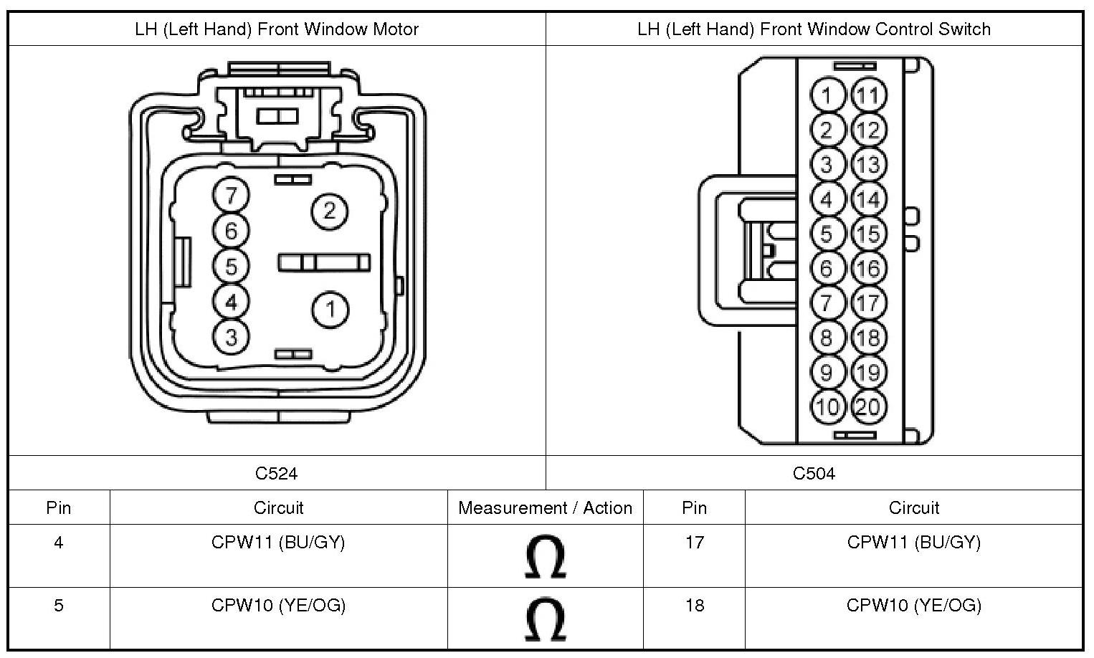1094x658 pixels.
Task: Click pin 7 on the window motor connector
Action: pos(231,195)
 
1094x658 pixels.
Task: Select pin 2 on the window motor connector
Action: pos(330,211)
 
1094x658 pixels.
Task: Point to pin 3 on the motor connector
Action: pos(231,336)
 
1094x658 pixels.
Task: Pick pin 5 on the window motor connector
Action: pos(231,267)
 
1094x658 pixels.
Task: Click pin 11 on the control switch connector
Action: pos(868,95)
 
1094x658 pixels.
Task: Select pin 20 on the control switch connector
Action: pos(868,406)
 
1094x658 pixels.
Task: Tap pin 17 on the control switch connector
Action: pos(868,302)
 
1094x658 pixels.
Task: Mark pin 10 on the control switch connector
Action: pos(827,406)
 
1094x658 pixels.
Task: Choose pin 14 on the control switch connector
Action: pos(868,199)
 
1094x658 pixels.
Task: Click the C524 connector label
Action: pos(277,473)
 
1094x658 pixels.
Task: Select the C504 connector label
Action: pos(814,473)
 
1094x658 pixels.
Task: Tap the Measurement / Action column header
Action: pos(545,507)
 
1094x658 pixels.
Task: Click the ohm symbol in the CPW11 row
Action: pos(545,557)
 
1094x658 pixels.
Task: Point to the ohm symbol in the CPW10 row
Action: pos(545,619)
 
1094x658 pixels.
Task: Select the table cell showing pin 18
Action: pos(694,606)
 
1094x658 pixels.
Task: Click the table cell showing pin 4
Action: pos(58,543)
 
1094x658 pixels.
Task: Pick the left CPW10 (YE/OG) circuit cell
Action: pos(278,606)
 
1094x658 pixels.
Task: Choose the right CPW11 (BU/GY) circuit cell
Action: pos(913,543)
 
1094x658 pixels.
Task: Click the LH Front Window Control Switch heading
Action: pos(814,29)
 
